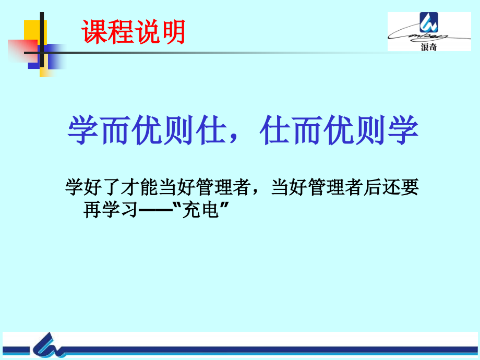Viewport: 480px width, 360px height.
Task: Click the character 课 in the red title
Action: (94, 32)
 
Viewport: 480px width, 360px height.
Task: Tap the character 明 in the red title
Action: (173, 32)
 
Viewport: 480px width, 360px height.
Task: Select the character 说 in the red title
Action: (147, 32)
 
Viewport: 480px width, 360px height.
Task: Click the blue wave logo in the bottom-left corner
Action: (50, 345)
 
